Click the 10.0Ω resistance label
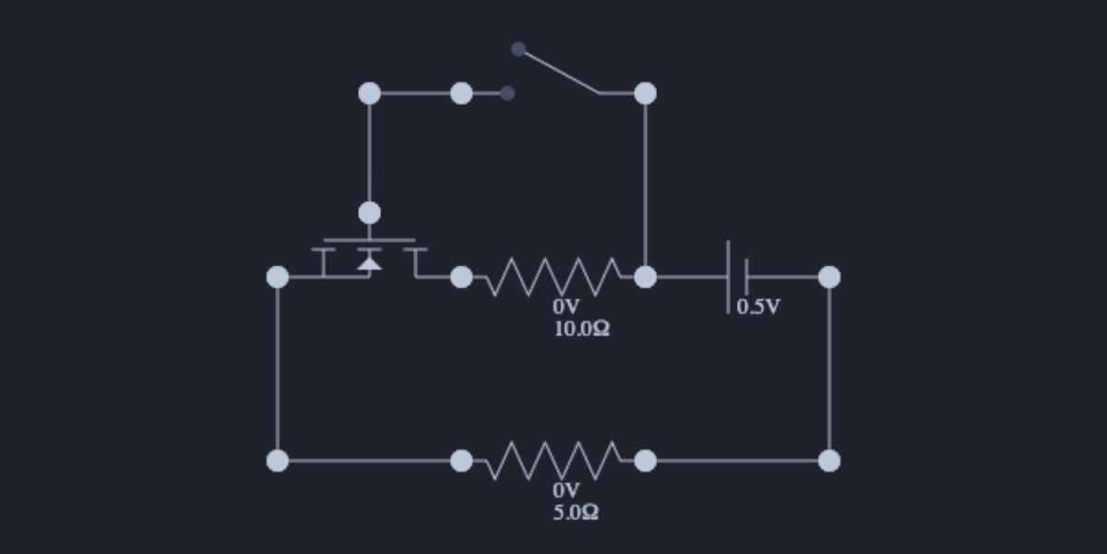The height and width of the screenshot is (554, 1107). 581,329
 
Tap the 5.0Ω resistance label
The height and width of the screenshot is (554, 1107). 576,512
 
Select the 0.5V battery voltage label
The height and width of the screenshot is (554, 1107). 757,307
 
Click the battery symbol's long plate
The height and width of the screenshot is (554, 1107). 728,276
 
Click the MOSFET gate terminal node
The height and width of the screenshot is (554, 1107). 369,213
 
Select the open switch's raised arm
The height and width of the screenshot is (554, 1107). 559,71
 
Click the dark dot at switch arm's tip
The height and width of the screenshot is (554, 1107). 518,49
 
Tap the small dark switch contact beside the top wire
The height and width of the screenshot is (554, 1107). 506,93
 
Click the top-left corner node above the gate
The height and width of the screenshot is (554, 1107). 369,93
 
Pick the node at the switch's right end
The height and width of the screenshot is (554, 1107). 646,93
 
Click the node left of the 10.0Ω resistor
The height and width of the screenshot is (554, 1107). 461,276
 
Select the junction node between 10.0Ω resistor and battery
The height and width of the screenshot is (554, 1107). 646,276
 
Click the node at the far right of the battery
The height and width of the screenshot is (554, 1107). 829,276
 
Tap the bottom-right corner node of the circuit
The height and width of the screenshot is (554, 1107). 829,460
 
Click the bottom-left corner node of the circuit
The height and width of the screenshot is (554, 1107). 278,460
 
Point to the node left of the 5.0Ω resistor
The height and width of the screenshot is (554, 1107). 461,460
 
